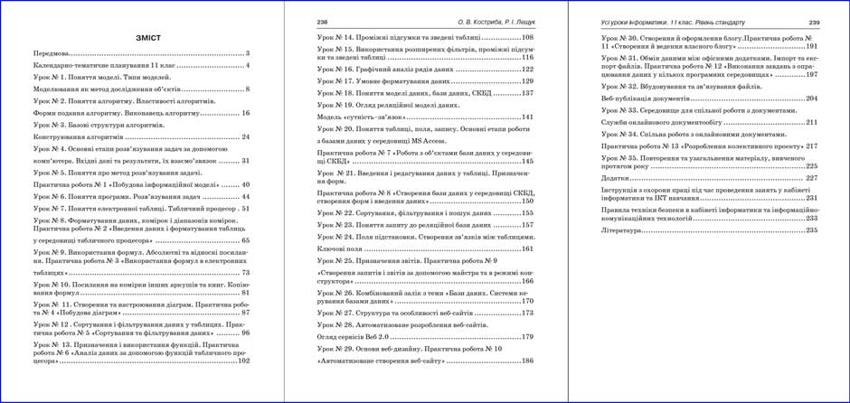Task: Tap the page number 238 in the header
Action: tap(323, 22)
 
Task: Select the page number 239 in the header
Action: tap(813, 22)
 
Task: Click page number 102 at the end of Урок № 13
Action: tap(243, 361)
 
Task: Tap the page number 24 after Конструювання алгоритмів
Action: tap(245, 136)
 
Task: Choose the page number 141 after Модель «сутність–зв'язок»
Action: tap(527, 117)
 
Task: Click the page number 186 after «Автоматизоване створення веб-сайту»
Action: tap(527, 360)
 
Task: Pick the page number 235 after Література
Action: tap(811, 230)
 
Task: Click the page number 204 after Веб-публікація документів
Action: tap(811, 98)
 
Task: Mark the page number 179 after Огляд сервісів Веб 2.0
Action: tap(527, 336)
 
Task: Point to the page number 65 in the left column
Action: tap(245, 241)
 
